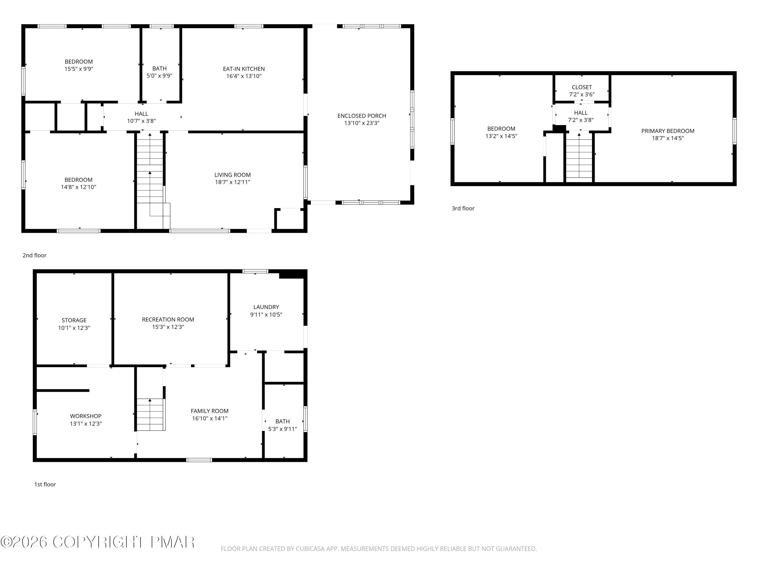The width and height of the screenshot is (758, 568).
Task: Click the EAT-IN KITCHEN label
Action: click(x=244, y=69)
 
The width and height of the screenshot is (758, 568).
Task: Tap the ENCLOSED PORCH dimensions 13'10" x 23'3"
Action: click(x=362, y=123)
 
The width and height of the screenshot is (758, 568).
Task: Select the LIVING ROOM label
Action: click(x=232, y=175)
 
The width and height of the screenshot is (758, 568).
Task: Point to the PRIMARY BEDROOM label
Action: click(x=668, y=131)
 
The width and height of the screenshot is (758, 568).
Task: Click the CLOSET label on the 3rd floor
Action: click(x=582, y=87)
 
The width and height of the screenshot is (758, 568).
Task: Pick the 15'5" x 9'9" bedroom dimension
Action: click(x=79, y=69)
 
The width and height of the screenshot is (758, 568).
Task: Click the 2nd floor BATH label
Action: click(x=159, y=68)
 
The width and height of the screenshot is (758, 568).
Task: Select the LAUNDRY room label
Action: click(x=266, y=307)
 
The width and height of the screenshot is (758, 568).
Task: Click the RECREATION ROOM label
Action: click(x=168, y=319)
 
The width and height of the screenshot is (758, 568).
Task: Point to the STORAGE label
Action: click(x=74, y=320)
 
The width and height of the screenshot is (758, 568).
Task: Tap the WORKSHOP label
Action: click(x=86, y=416)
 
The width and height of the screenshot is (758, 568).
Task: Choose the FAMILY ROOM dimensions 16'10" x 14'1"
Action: click(x=209, y=418)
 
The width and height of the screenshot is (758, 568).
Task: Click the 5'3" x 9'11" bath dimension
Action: click(x=282, y=429)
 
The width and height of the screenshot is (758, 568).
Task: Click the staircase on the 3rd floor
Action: click(x=579, y=156)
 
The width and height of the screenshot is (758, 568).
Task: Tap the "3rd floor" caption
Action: click(x=463, y=208)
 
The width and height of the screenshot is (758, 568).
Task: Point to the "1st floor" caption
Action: click(x=45, y=484)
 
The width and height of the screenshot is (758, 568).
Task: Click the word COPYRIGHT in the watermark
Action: click(x=99, y=542)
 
